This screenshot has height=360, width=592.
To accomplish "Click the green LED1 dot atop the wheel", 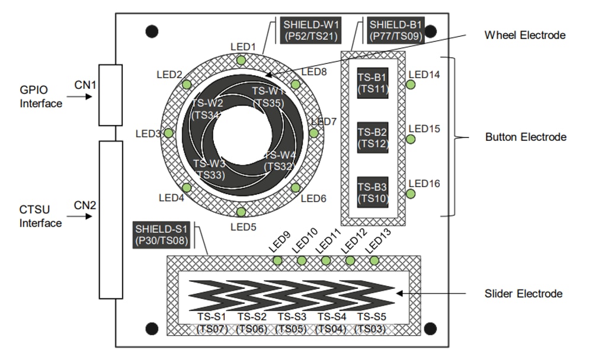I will click(241, 60).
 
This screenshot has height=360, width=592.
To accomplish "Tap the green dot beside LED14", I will click(410, 85).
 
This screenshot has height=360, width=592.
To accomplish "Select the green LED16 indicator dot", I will click(410, 194).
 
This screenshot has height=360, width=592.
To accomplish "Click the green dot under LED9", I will click(277, 261).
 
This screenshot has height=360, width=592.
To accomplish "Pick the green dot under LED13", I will click(374, 261).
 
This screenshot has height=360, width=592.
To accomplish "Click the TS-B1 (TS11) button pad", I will click(373, 82).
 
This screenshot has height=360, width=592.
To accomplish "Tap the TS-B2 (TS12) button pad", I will click(373, 137).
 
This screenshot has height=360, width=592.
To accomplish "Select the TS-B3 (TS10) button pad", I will click(373, 192).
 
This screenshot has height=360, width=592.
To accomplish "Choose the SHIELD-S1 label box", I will click(161, 234).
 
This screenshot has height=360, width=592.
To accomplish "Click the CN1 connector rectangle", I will click(110, 95).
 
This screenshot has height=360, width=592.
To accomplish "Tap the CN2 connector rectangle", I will click(110, 220).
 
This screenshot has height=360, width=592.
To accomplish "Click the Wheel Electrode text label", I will click(524, 35).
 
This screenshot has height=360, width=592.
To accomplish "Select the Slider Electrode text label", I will click(523, 293).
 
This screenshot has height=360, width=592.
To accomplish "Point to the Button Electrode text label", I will click(526, 137).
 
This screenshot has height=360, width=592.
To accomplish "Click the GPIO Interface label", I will click(40, 97).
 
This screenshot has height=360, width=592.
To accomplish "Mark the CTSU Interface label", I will click(40, 217).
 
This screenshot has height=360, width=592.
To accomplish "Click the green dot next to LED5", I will click(241, 212).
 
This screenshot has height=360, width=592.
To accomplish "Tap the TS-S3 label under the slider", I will click(292, 317).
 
